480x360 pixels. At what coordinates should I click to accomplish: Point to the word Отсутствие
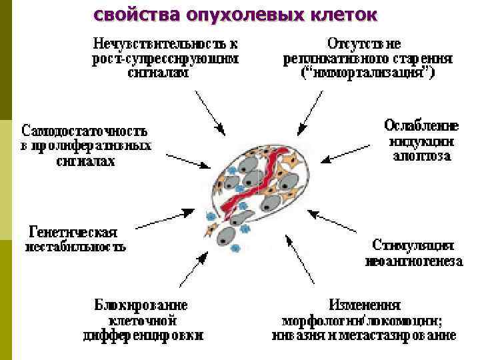click(x=364, y=44)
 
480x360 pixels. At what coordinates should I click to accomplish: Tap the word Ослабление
click(x=421, y=125)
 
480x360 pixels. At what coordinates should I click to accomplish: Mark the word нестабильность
click(x=75, y=248)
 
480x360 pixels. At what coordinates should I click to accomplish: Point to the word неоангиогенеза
click(x=413, y=261)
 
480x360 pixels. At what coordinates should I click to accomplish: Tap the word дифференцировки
click(x=143, y=335)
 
